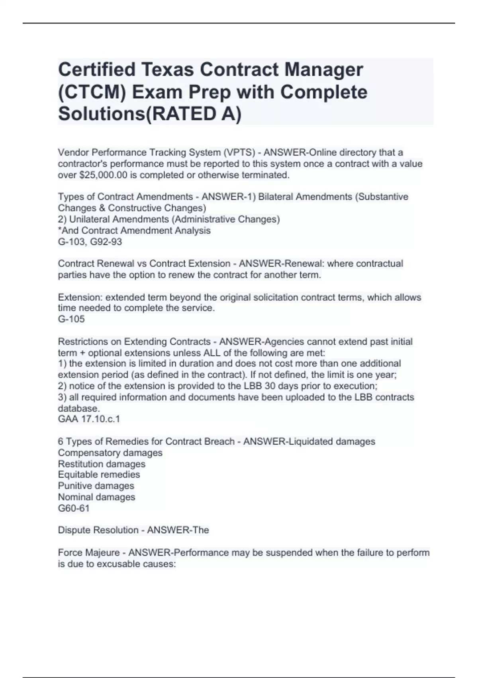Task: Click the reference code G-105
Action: (x=71, y=319)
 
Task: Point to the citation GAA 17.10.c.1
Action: (x=89, y=419)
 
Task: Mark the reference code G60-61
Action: (x=74, y=508)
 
